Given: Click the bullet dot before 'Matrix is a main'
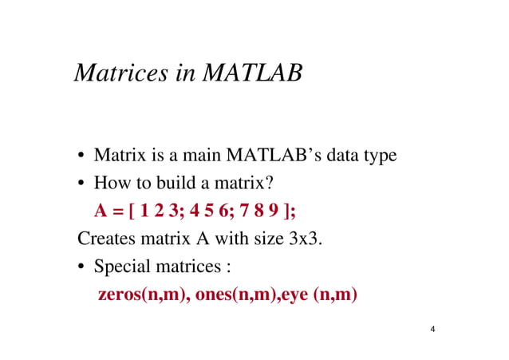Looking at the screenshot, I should [x=82, y=156].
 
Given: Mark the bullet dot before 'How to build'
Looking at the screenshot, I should [x=82, y=184].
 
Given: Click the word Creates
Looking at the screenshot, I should [x=105, y=239].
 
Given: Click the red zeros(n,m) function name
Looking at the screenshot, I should [x=143, y=294].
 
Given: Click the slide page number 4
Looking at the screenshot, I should [x=432, y=329].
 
